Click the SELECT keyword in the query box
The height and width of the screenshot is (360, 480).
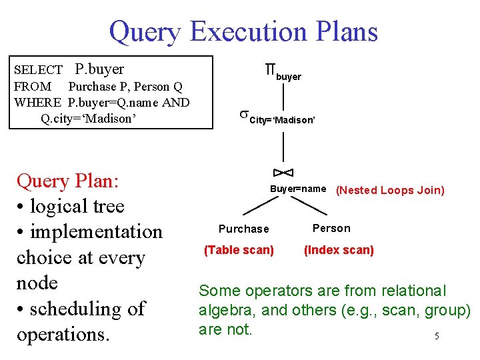tap(38, 70)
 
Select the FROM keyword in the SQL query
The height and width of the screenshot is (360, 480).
tap(32, 87)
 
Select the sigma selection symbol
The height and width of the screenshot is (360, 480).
tap(243, 115)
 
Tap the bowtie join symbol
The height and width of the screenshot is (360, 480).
tap(283, 173)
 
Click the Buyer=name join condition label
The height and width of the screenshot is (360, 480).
tap(297, 189)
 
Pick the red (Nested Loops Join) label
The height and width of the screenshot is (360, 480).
tap(390, 191)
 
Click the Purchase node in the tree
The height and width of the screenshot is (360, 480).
tap(244, 229)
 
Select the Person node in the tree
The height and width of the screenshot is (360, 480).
tap(331, 229)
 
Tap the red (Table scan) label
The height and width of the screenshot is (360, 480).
tap(239, 250)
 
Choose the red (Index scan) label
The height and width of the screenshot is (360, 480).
tap(339, 250)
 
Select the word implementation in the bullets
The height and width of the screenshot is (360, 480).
tap(97, 231)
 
